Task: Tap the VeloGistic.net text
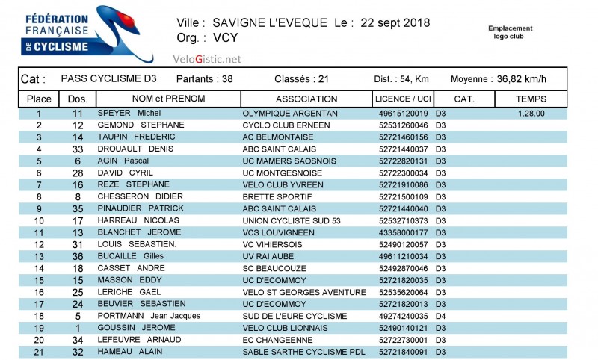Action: [207, 59]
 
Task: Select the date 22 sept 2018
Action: [395, 22]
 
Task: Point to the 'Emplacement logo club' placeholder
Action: [511, 32]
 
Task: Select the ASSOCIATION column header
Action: [306, 99]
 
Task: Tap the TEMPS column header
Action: [531, 99]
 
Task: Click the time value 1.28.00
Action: [531, 114]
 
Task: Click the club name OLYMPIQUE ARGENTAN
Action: [290, 114]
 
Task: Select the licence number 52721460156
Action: [404, 137]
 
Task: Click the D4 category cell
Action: [441, 316]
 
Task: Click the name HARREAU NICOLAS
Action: [138, 221]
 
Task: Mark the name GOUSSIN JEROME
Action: [136, 328]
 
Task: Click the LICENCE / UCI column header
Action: [403, 99]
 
